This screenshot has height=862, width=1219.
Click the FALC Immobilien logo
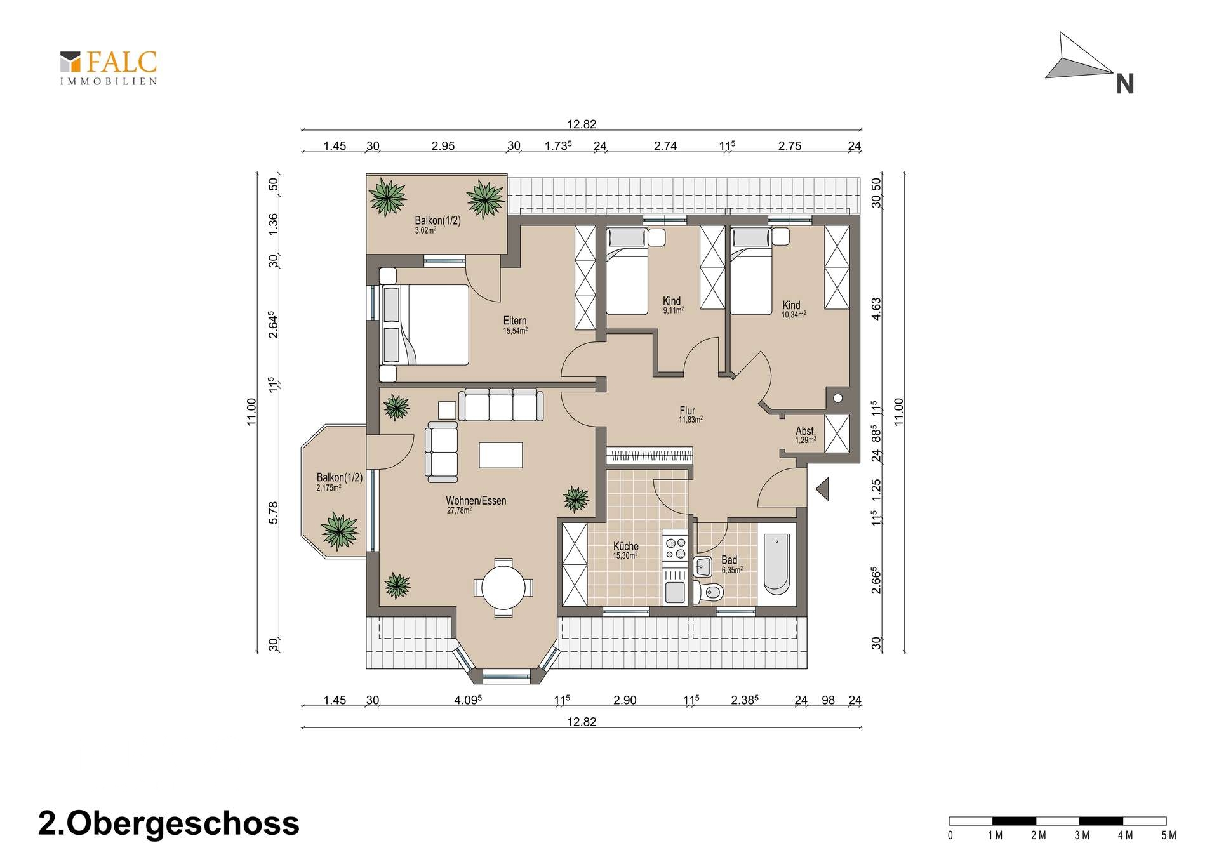109,68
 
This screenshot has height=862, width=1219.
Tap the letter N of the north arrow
1125,84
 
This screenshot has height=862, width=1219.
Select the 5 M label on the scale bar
1168,835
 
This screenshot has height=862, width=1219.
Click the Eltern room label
515,321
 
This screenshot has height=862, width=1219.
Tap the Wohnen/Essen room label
476,501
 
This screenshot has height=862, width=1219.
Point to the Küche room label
626,546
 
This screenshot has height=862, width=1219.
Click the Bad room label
729,560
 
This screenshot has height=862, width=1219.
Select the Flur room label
688,411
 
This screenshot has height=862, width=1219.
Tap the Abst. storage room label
805,431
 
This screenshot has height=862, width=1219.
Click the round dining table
503,588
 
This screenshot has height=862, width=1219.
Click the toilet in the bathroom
709,592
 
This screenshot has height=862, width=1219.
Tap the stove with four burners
674,548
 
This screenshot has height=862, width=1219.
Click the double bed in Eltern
425,324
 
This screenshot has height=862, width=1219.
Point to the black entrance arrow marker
823,489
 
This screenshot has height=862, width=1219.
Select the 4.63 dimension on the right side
876,308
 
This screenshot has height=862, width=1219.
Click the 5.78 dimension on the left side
274,512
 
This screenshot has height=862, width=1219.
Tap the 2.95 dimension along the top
443,146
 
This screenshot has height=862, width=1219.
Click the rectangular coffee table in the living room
501,454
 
